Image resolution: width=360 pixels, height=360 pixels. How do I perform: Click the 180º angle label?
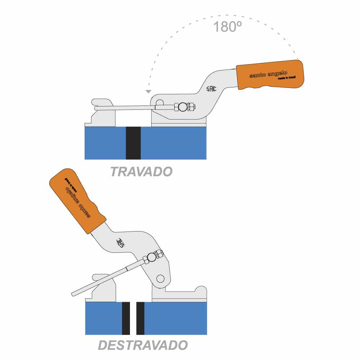pyautogui.click(x=227, y=27)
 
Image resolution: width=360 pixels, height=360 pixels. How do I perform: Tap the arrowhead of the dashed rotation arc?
pyautogui.click(x=149, y=91)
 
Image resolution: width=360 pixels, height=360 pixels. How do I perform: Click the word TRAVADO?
pyautogui.click(x=141, y=171)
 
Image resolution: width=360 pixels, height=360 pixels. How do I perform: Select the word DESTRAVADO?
pyautogui.click(x=143, y=345)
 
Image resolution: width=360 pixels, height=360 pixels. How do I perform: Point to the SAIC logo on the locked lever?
pyautogui.click(x=211, y=89)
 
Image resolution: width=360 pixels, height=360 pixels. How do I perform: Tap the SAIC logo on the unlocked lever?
pyautogui.click(x=120, y=243)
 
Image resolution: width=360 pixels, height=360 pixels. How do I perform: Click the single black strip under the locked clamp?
pyautogui.click(x=133, y=143)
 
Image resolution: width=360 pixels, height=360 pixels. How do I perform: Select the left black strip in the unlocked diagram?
pyautogui.click(x=126, y=318)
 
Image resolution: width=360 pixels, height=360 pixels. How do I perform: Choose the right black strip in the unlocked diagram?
pyautogui.click(x=140, y=318)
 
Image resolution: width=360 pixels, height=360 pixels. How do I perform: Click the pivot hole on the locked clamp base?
pyautogui.click(x=159, y=102)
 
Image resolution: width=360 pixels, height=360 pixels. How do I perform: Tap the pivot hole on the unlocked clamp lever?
pyautogui.click(x=160, y=279)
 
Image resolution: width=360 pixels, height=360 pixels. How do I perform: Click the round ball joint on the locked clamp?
pyautogui.click(x=183, y=107)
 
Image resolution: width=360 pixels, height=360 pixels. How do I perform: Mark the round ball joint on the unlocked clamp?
pyautogui.click(x=152, y=257)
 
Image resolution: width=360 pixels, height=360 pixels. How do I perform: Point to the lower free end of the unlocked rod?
pyautogui.click(x=73, y=294)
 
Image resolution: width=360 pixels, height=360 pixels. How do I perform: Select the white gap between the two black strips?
pyautogui.click(x=133, y=318)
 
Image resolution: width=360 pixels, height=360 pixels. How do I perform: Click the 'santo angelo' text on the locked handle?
pyautogui.click(x=268, y=75)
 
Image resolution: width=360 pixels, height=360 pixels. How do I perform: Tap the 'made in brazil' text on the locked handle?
pyautogui.click(x=287, y=78)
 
